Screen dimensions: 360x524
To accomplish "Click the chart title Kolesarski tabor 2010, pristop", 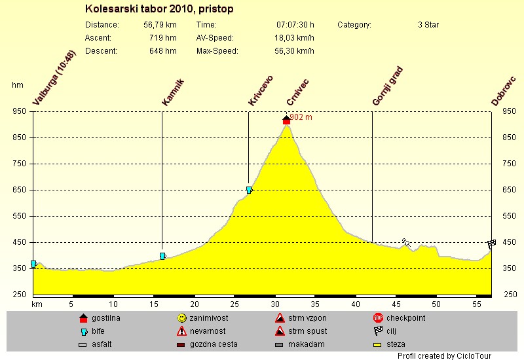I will [x=159, y=10].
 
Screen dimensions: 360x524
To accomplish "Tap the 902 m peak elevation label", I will [x=301, y=118].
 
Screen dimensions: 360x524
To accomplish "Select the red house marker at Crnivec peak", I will [x=286, y=120].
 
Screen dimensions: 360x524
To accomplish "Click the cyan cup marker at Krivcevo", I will [x=249, y=190].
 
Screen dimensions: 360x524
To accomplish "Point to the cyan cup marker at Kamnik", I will [x=162, y=256].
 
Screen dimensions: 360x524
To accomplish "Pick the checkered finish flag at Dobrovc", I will [x=492, y=244].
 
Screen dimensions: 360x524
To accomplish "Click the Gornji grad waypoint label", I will [x=386, y=86].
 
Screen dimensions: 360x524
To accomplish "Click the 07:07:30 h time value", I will [x=295, y=25].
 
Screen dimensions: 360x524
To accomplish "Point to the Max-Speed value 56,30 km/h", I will [x=294, y=51].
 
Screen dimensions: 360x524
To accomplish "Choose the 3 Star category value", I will [x=428, y=25].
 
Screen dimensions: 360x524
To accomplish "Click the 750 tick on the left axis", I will [x=18, y=164].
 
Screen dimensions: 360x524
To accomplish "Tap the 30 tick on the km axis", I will [x=275, y=304].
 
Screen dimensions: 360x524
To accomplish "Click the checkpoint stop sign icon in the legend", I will [x=378, y=318].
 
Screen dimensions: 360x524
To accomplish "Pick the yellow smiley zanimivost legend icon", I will [x=181, y=318].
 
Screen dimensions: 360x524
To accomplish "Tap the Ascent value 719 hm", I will [x=162, y=38].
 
